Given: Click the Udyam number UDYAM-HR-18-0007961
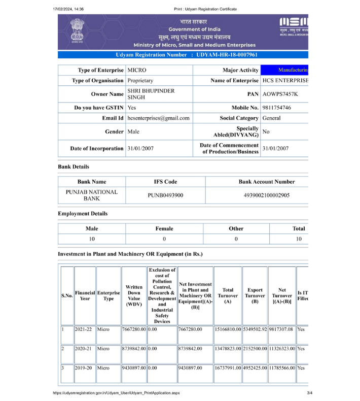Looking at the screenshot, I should [227, 55].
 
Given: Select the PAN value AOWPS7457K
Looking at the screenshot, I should [280, 94].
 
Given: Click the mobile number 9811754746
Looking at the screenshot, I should [277, 108].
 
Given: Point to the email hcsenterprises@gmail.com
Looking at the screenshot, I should [158, 118].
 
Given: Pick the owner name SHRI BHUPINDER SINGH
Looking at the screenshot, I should [151, 94].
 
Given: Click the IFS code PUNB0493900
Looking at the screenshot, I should [165, 195].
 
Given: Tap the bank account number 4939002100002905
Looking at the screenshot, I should [267, 195].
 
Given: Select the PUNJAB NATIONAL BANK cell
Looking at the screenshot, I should [92, 195].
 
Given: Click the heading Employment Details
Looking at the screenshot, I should [83, 214].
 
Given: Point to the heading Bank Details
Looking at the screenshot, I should [74, 166].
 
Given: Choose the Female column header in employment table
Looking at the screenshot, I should [164, 228].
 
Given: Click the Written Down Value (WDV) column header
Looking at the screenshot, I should [134, 295].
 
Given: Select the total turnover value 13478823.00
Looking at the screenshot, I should [228, 349].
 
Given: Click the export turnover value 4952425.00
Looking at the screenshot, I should [255, 367].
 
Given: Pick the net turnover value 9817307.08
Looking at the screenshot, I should [281, 329].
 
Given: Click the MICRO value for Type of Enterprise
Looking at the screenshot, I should [137, 70].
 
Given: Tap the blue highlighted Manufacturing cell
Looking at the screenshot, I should [284, 70].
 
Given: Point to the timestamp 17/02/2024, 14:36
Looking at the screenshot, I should [68, 9].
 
